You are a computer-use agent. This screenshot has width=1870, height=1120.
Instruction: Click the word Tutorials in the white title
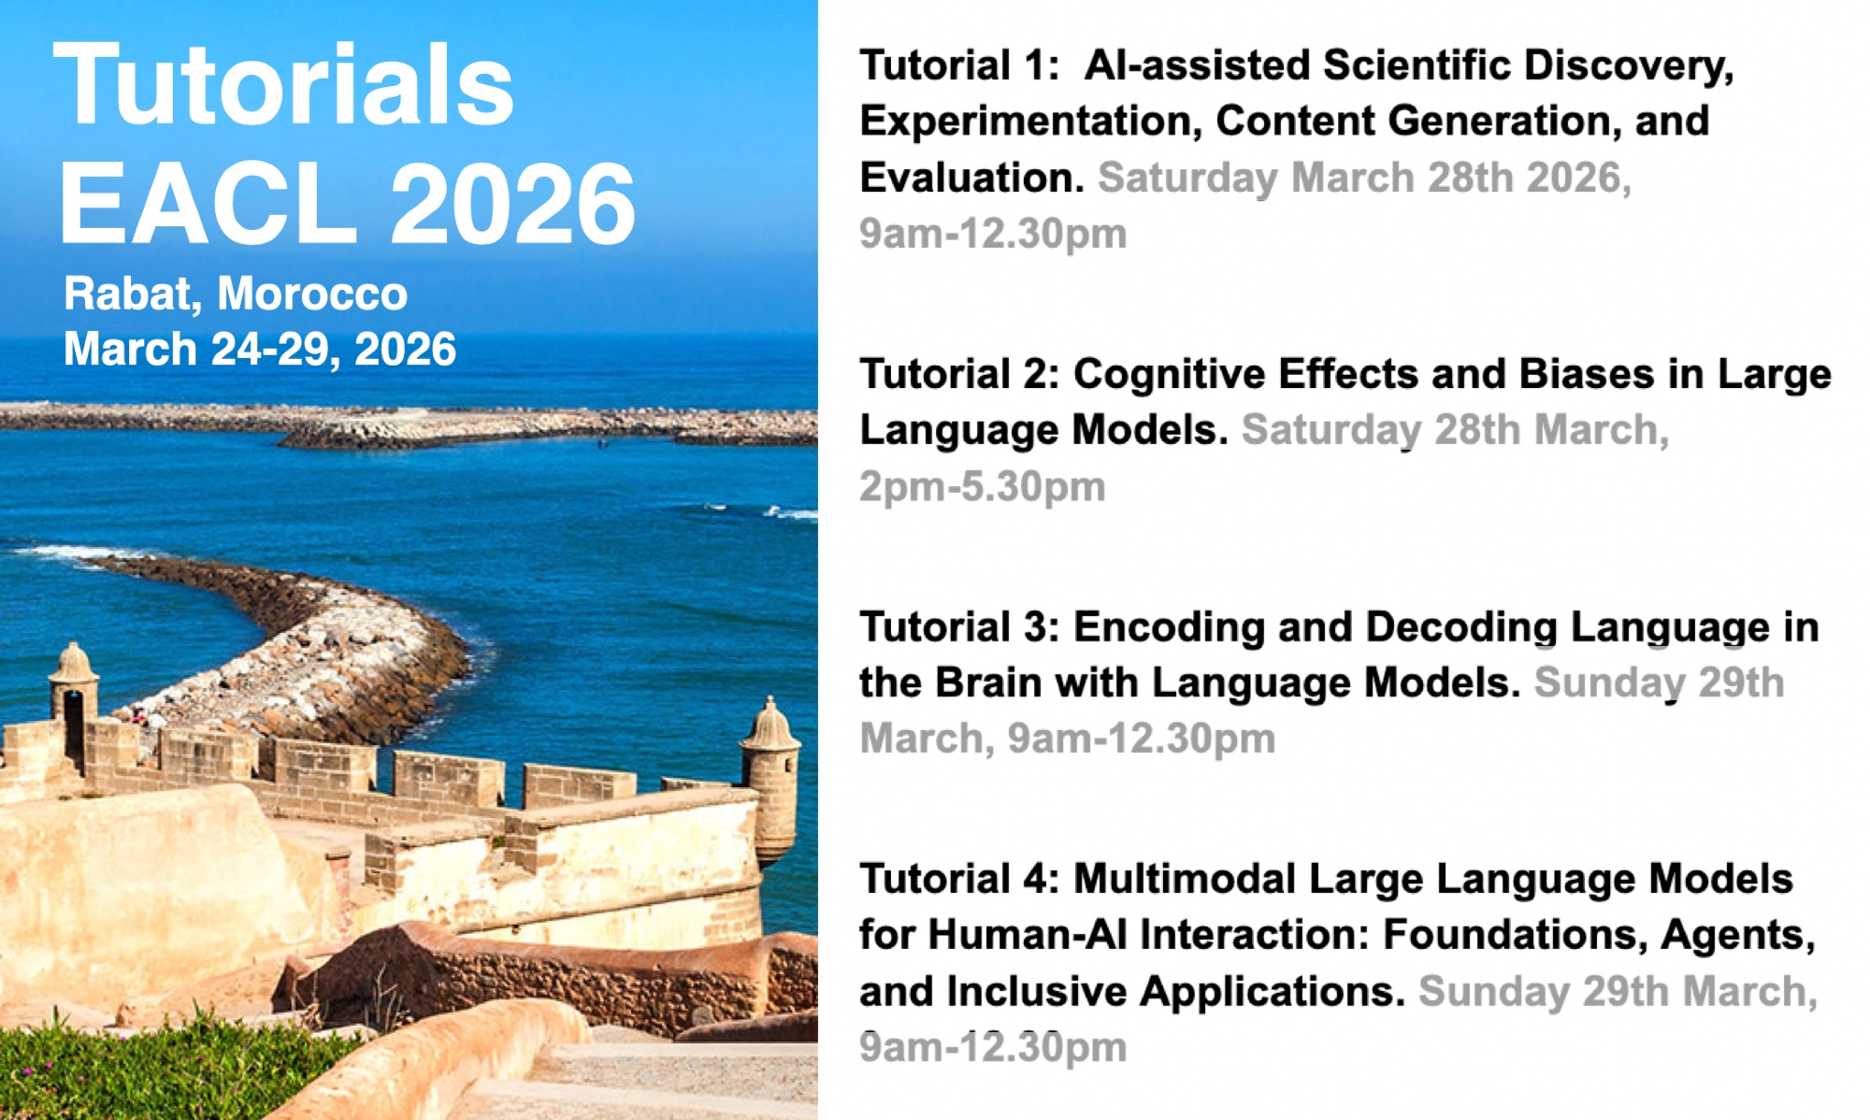pos(284,85)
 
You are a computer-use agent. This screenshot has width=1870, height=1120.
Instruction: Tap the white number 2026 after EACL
pos(512,203)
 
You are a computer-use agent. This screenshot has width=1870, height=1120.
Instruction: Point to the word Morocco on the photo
pos(312,294)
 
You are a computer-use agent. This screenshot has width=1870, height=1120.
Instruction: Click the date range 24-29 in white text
pos(275,350)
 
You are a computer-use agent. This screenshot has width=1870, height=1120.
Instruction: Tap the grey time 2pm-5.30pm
pos(983,487)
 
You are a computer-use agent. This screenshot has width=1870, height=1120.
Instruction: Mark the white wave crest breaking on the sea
pos(790,513)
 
